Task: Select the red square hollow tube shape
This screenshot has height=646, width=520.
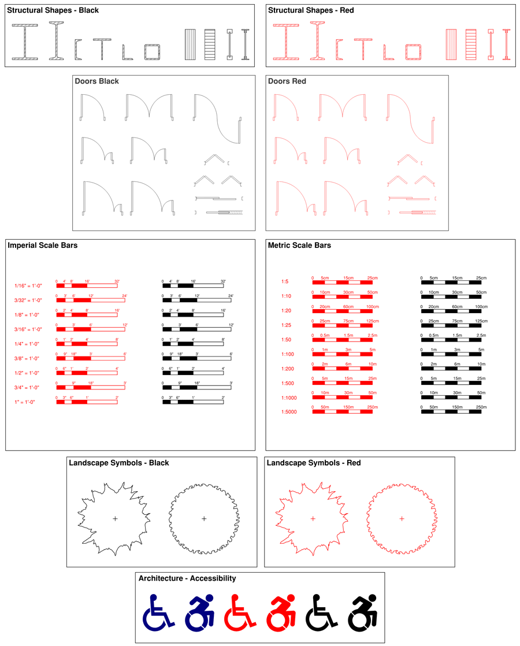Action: pyautogui.click(x=413, y=52)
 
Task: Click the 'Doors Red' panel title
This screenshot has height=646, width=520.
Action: pyautogui.click(x=287, y=81)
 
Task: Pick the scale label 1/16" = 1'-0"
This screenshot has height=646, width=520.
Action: pyautogui.click(x=28, y=285)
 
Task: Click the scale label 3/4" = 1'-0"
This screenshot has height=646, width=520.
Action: pyautogui.click(x=28, y=387)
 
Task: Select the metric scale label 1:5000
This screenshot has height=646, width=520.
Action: pyautogui.click(x=289, y=412)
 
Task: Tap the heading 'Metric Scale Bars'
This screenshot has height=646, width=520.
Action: pyautogui.click(x=299, y=246)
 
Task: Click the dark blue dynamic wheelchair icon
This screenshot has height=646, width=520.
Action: pyautogui.click(x=200, y=612)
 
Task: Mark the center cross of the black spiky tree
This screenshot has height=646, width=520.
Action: pyautogui.click(x=115, y=519)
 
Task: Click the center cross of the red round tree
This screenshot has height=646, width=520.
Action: pyautogui.click(x=402, y=519)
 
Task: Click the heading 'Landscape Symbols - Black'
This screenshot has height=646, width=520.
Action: pyautogui.click(x=118, y=463)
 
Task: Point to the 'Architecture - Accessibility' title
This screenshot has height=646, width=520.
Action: pyautogui.click(x=187, y=578)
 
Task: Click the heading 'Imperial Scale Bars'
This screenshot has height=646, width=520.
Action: pyautogui.click(x=43, y=246)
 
